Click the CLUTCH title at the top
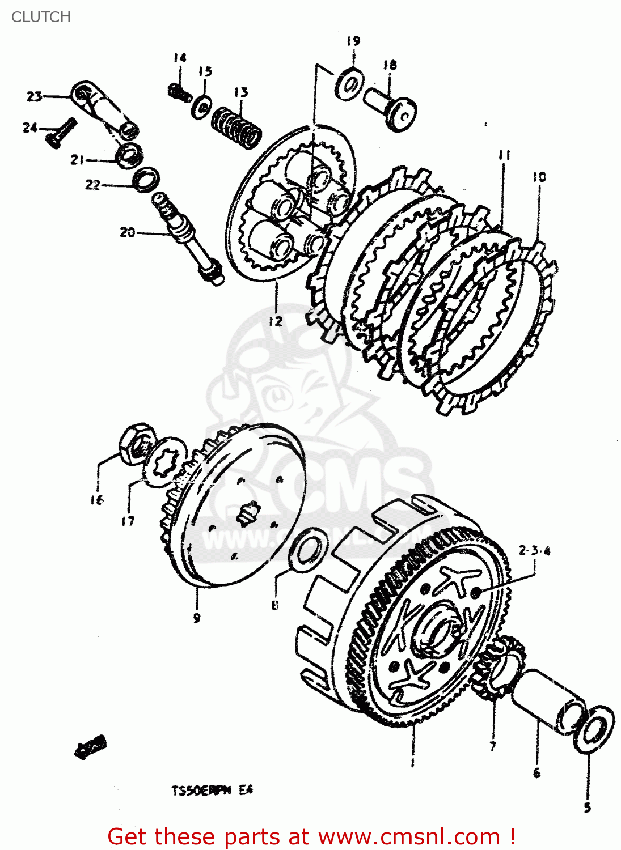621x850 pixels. (41, 17)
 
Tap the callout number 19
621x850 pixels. (353, 41)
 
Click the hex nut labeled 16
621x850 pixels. (137, 444)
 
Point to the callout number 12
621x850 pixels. (276, 321)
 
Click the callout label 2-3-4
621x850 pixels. (534, 550)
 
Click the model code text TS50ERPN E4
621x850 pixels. (212, 790)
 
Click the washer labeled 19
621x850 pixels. (349, 84)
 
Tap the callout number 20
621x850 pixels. (127, 232)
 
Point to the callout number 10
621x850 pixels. (539, 177)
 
